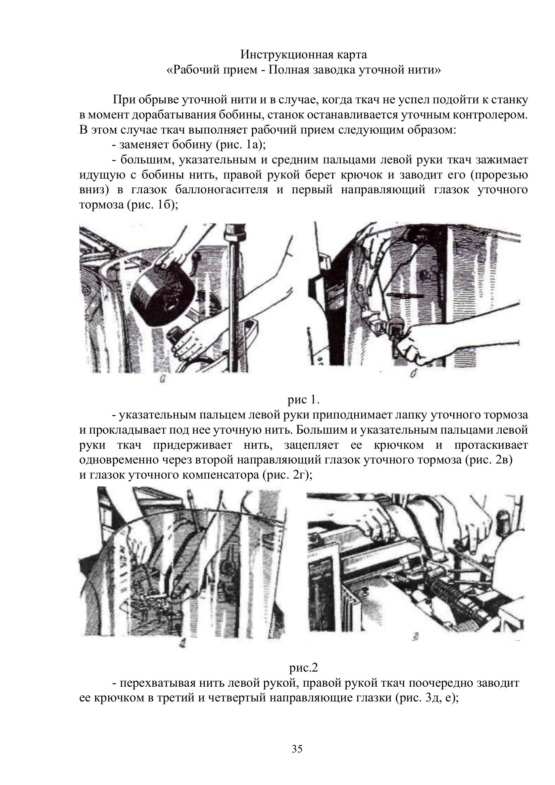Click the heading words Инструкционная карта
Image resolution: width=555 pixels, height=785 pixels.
[303, 54]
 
